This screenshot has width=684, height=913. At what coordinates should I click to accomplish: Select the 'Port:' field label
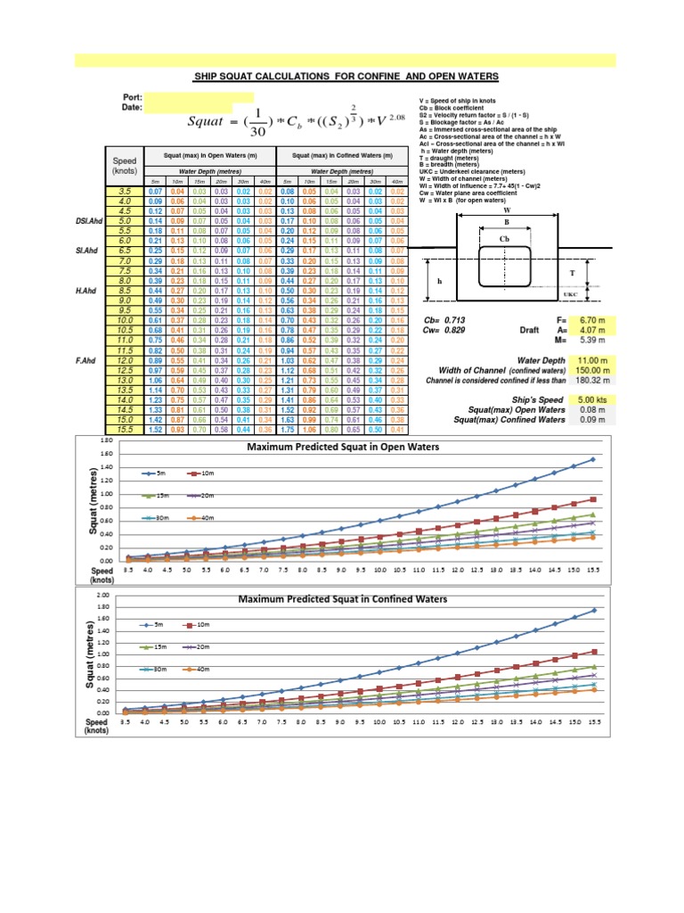[x=133, y=96]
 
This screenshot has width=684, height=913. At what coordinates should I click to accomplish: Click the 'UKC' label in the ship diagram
[x=571, y=292]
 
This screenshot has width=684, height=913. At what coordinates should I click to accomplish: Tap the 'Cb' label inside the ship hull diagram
[x=505, y=238]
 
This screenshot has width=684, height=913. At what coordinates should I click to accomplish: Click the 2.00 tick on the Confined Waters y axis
[x=102, y=596]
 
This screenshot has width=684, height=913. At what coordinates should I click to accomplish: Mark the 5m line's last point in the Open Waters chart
[x=592, y=460]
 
